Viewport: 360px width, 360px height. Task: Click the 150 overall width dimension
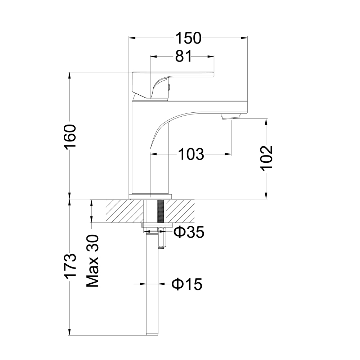click(188, 38)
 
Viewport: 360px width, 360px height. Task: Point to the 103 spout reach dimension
click(191, 154)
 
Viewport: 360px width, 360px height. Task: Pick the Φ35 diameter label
click(189, 233)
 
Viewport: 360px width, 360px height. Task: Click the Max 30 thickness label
click(93, 261)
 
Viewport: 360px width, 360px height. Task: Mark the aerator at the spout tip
click(231, 116)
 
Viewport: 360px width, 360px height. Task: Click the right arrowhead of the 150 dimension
click(246, 38)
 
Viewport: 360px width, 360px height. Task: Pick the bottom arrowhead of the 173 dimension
click(69, 333)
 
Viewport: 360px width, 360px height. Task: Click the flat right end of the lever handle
click(212, 74)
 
